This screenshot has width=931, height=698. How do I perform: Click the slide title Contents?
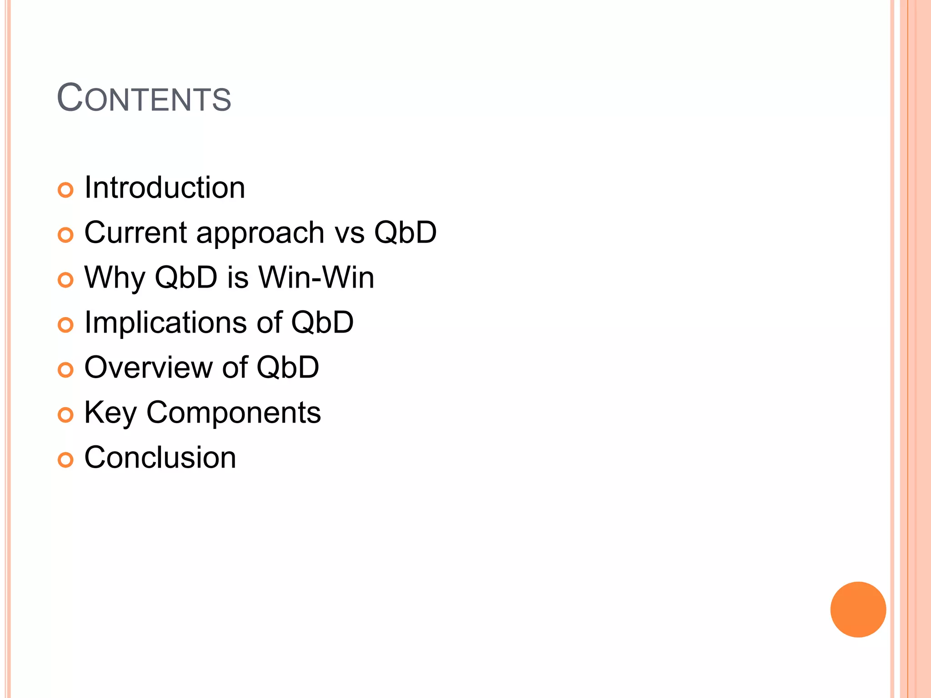coord(144,98)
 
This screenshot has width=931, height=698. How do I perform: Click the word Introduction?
coord(165,188)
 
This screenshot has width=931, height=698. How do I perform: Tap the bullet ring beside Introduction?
coord(65,190)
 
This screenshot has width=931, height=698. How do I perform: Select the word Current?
coord(135,232)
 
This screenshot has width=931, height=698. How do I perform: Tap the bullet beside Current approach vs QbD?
coord(65,235)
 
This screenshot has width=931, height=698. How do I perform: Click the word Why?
coord(115,278)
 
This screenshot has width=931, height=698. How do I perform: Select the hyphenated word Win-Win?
coord(316,277)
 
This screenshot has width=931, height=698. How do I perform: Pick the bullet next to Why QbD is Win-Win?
coord(65,280)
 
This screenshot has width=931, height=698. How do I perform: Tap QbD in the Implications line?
coord(322,323)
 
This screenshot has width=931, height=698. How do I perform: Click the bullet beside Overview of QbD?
coord(65,370)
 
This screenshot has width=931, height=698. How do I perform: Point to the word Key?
coord(110,413)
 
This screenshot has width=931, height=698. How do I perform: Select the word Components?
coord(233,413)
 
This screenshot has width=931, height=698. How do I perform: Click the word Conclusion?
coord(160,457)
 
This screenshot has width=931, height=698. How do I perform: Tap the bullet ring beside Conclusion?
coord(65,460)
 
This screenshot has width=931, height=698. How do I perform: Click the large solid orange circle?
coord(858,609)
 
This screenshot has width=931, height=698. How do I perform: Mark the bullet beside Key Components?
coord(65,415)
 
